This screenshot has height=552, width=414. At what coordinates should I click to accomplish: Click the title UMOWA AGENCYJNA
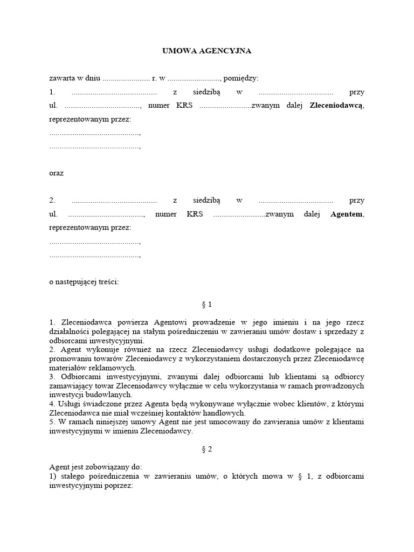[207, 51]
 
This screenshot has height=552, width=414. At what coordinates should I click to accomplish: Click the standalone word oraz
[56, 173]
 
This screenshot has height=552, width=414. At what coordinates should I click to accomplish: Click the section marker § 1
[206, 305]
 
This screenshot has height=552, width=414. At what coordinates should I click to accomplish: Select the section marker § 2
[206, 449]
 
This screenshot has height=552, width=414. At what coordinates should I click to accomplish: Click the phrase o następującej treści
[84, 281]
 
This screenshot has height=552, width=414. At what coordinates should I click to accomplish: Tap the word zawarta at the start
[61, 78]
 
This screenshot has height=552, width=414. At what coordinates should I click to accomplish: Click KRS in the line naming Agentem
[195, 214]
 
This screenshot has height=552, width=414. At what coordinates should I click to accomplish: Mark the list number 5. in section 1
[52, 422]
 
